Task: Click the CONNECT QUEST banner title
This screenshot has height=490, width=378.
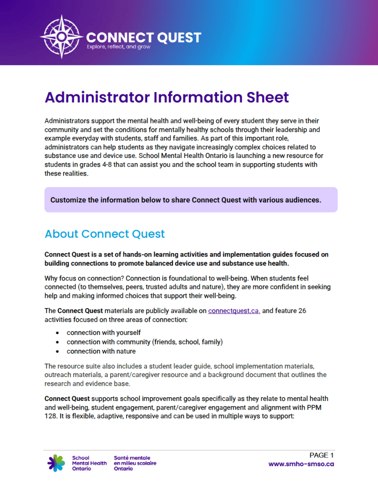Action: [x=144, y=37]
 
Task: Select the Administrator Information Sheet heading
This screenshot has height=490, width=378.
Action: [x=167, y=98]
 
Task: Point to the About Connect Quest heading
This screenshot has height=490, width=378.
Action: [x=104, y=234]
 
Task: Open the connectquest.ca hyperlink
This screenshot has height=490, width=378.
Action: [x=233, y=311]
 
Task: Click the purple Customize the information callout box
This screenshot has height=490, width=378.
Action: [x=190, y=200]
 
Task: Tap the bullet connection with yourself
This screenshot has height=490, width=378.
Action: [x=103, y=333]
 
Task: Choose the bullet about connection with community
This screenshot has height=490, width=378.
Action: [x=145, y=342]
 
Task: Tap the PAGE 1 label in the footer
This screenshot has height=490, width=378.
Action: [x=322, y=455]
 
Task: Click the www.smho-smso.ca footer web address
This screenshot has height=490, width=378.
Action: [x=301, y=464]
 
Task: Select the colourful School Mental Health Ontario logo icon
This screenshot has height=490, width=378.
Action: [x=56, y=463]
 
